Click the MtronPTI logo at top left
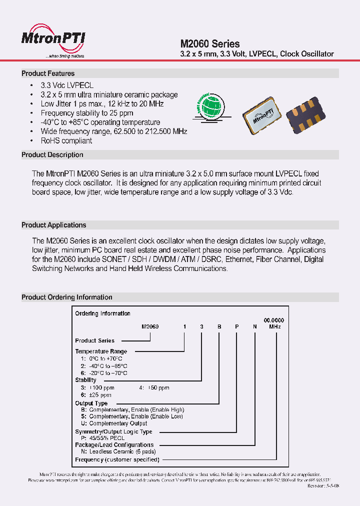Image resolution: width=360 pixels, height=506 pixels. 53,40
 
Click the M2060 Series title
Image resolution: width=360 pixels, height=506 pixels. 209,44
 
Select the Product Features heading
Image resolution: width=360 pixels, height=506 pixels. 48,73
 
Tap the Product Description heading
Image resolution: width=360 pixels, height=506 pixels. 52,155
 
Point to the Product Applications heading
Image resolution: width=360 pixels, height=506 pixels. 53,225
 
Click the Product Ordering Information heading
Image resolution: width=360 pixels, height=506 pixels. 66,297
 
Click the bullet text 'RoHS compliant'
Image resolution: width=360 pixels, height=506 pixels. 66,141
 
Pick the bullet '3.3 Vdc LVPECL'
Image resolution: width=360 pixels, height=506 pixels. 67,85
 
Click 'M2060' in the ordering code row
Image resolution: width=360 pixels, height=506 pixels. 150,326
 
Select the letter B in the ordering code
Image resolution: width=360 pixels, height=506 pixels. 218,326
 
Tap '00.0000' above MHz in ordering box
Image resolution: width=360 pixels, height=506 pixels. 274,320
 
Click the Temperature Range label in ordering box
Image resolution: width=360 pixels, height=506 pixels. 101,351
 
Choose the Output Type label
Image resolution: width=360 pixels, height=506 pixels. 91,403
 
